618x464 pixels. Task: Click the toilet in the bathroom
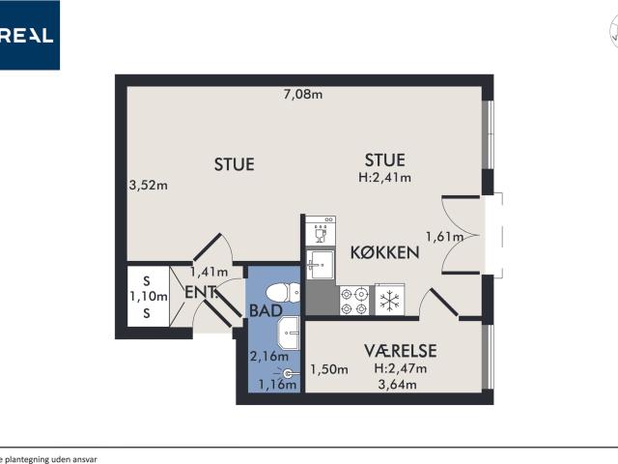(x=276, y=292)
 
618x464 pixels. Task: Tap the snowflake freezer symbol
(x=389, y=301)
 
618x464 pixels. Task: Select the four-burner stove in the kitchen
(x=354, y=301)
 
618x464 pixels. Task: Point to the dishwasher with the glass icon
(x=320, y=231)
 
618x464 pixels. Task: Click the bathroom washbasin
(x=289, y=335)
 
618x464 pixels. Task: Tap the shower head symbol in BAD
(x=288, y=372)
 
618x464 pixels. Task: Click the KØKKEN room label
(x=384, y=252)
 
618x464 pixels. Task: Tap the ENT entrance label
(x=200, y=292)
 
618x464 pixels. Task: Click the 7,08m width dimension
(x=302, y=94)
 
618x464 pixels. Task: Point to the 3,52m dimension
(x=148, y=186)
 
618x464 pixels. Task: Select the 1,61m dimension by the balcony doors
(x=445, y=236)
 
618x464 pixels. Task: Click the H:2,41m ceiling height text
(x=384, y=177)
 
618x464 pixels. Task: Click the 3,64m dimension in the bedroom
(x=396, y=385)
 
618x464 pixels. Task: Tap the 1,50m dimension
(x=328, y=369)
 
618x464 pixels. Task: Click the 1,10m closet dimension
(x=149, y=297)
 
